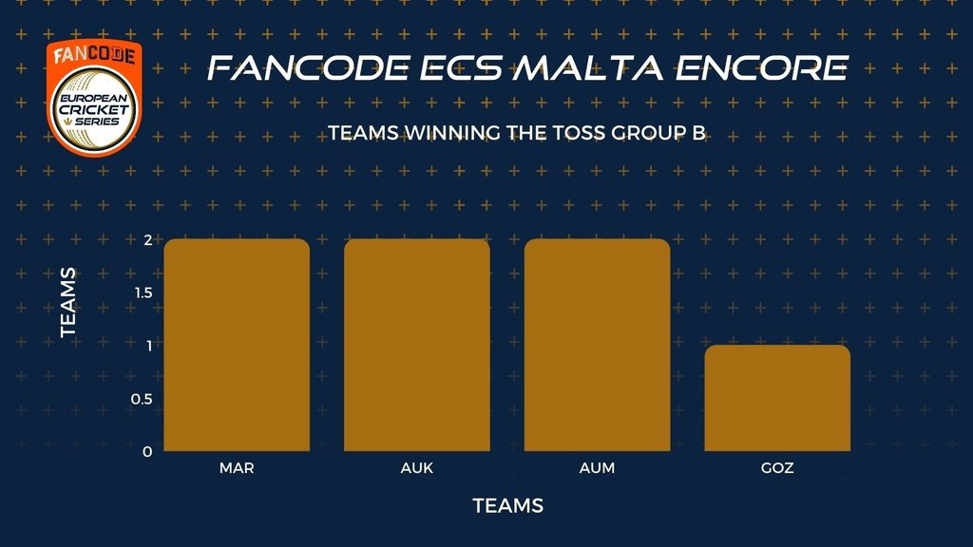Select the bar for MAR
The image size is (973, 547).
pos(237,345)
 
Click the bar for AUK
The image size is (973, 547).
pos(417,345)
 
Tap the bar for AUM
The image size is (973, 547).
pos(597,345)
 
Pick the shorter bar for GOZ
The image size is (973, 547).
pos(777,398)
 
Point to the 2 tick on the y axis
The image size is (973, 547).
pos(148,240)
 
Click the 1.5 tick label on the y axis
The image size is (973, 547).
pos(144,292)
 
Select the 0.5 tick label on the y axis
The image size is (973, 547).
pos(143,399)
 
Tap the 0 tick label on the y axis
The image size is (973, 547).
pos(147,452)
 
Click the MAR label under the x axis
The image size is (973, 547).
pos(237,468)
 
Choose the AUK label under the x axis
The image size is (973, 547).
pos(417,468)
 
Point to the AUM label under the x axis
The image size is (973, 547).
pos(597,468)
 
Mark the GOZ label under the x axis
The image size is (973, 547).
pos(777,468)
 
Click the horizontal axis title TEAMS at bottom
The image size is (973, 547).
pos(508,506)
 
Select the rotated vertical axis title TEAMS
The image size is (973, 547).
pos(68,303)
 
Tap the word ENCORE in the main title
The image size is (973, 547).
pos(762,67)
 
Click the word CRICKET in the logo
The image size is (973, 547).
pos(94,110)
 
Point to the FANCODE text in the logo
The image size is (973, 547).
pos(94,55)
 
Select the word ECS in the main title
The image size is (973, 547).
pos(461,67)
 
